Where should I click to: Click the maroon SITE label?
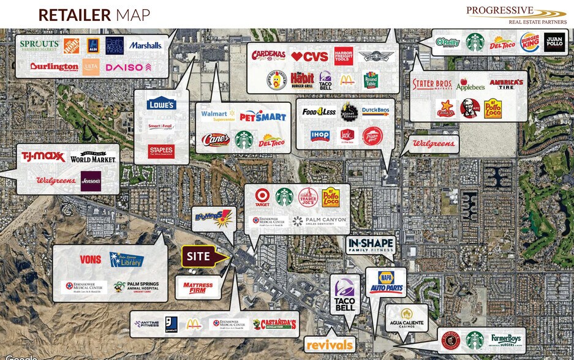198,256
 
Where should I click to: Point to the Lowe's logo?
161,104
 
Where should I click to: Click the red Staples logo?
161,151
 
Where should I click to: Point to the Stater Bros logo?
432,84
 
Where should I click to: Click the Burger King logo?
530,42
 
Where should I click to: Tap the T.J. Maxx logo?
43,157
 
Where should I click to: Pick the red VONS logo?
90,260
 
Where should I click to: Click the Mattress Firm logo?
198,286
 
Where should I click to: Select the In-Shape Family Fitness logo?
369,246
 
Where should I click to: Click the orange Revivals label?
329,345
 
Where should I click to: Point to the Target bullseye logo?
262,197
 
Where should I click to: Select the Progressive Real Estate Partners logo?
516,14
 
